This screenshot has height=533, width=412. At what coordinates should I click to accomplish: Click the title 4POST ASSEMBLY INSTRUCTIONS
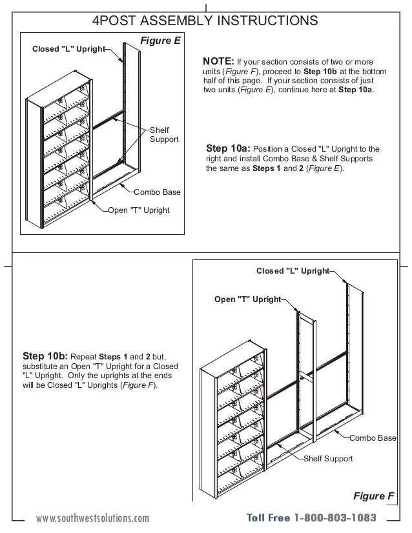coord(205,21)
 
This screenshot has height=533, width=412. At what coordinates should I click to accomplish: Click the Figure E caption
coord(160,41)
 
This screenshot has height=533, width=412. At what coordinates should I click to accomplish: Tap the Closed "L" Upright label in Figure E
coord(68,50)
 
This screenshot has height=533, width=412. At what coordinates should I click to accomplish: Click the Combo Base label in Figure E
coord(157,192)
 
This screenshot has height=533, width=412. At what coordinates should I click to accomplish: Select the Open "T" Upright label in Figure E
coord(138,210)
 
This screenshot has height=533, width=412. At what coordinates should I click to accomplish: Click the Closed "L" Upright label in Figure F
coord(293,271)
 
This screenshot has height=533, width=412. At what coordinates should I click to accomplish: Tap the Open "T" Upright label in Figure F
coord(247,299)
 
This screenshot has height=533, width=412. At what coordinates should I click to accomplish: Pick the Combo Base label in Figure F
coord(373,438)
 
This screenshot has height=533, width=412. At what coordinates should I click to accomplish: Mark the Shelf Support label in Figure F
coord(328,459)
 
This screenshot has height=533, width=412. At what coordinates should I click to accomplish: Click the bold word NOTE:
coord(218,61)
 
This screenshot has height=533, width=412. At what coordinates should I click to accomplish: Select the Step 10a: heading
coord(229,148)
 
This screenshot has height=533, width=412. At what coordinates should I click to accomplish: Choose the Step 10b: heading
coord(45,356)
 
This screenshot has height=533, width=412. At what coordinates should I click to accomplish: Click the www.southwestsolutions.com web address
coord(92,518)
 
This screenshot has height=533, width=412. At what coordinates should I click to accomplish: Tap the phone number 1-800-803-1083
coord(335,518)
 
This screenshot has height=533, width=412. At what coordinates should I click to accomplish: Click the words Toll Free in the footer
coord(268,518)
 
